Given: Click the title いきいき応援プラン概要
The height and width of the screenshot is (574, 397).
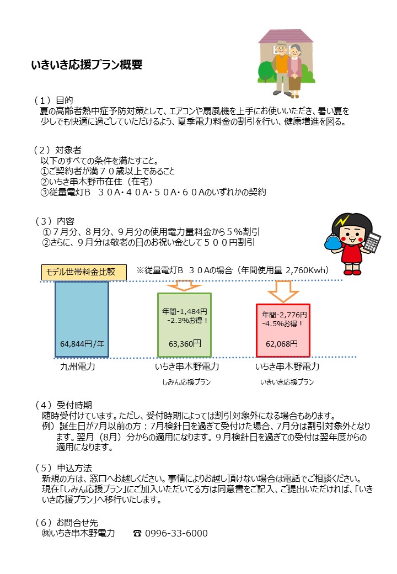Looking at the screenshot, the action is click(87, 65).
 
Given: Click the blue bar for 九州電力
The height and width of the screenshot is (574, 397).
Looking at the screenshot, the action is click(82, 319).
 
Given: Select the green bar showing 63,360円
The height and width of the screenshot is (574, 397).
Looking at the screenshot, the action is click(185, 325).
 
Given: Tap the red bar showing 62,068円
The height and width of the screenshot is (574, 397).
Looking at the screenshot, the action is click(283, 331).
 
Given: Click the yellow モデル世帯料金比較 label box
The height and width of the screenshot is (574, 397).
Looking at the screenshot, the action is click(84, 272).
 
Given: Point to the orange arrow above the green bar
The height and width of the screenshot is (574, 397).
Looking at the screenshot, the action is click(184, 285).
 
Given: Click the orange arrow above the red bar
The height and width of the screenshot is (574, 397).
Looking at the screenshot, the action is click(283, 291).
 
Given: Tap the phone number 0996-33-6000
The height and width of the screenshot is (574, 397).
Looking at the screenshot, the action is click(176, 533).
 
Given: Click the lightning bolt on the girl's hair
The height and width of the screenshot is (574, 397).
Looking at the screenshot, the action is click(342, 221).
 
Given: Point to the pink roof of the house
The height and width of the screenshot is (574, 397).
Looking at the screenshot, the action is click(286, 36).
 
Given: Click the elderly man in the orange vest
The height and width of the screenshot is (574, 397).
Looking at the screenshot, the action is click(281, 68).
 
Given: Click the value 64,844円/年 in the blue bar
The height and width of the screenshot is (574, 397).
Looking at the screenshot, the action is click(82, 344).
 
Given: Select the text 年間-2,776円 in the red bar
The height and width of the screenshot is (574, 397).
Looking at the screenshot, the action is click(284, 315).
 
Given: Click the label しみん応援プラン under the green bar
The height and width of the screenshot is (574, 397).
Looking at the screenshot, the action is click(186, 382).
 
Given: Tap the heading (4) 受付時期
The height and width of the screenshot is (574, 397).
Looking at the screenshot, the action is click(63, 405).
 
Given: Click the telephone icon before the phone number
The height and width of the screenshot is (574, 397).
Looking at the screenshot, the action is click(137, 533).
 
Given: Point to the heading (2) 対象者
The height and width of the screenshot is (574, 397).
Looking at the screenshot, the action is click(57, 150).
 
